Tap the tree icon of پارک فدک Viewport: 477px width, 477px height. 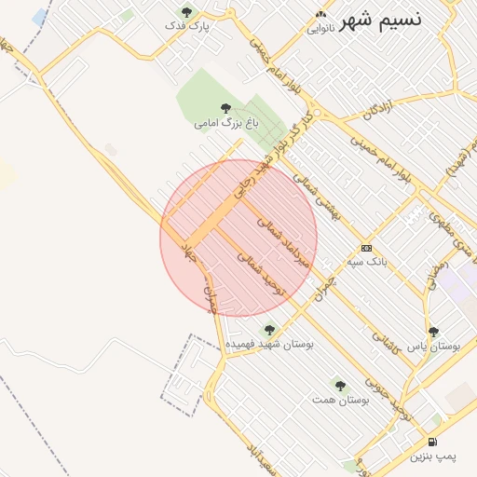187,12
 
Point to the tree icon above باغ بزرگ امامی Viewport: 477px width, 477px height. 225,108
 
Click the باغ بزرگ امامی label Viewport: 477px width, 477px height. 225,122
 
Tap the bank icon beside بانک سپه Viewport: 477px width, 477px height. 366,248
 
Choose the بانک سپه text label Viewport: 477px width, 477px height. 367,262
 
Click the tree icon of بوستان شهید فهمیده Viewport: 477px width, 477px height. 269,330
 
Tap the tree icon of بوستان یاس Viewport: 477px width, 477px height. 432,331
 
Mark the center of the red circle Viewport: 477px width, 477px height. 238,238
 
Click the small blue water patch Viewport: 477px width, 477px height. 40,18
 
